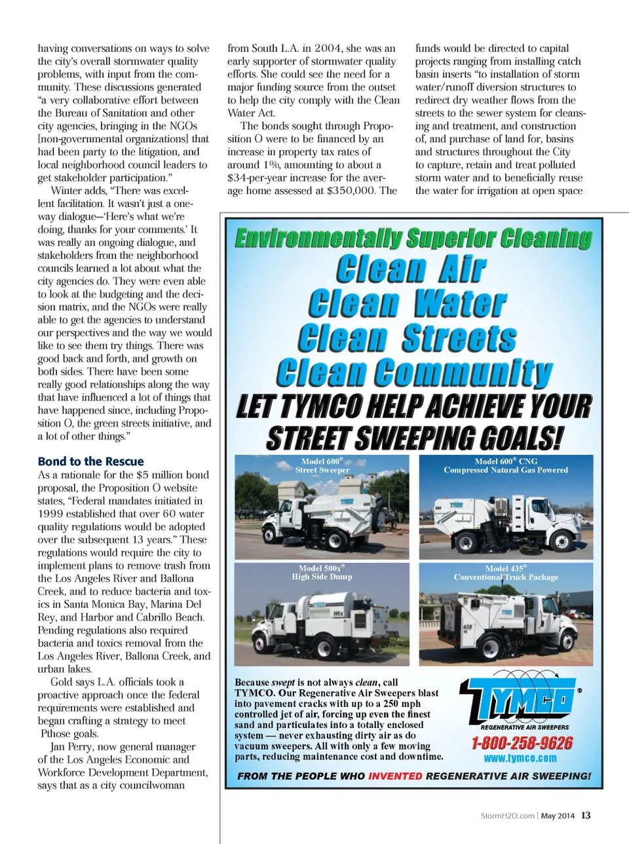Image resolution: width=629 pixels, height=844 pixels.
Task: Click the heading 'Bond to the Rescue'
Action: click(90, 461)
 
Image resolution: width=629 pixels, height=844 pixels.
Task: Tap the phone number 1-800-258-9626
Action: click(522, 743)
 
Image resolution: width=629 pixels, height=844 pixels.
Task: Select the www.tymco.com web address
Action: click(520, 758)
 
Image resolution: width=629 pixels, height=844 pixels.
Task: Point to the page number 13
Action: click(586, 816)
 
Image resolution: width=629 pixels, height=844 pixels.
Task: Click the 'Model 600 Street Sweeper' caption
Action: click(322, 465)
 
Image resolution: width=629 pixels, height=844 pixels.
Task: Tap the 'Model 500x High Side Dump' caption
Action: click(322, 572)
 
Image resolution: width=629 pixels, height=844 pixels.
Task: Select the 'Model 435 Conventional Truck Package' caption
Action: click(506, 573)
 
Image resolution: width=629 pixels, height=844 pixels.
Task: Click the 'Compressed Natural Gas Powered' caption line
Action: click(506, 470)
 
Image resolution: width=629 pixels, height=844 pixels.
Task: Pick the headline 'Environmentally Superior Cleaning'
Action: click(413, 239)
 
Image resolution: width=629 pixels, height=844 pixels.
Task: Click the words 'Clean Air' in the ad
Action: click(411, 269)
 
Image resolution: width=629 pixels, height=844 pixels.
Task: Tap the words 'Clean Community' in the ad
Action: click(414, 373)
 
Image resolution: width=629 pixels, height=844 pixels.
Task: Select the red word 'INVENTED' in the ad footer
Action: click(395, 776)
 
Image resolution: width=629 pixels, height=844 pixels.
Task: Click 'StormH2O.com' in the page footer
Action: click(508, 816)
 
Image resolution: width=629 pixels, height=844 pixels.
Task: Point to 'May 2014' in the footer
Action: click(558, 816)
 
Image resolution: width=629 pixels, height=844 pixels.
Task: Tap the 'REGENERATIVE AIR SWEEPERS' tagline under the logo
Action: click(525, 727)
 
